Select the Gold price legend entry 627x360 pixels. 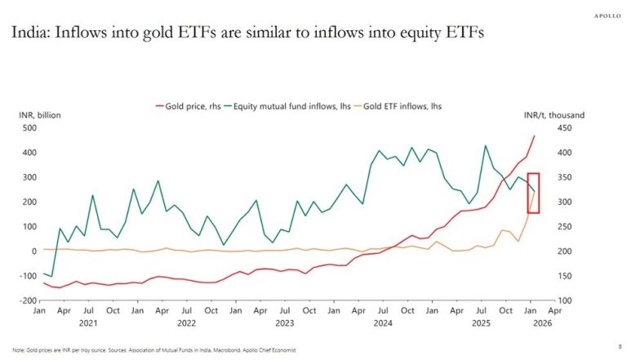186,106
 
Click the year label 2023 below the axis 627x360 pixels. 284,322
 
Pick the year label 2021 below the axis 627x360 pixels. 86,322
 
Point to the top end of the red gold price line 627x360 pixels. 535,136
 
